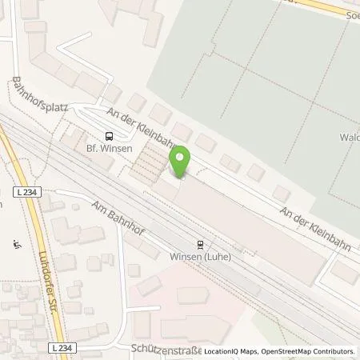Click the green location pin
[x=181, y=161]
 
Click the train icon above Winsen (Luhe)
[x=199, y=244]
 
